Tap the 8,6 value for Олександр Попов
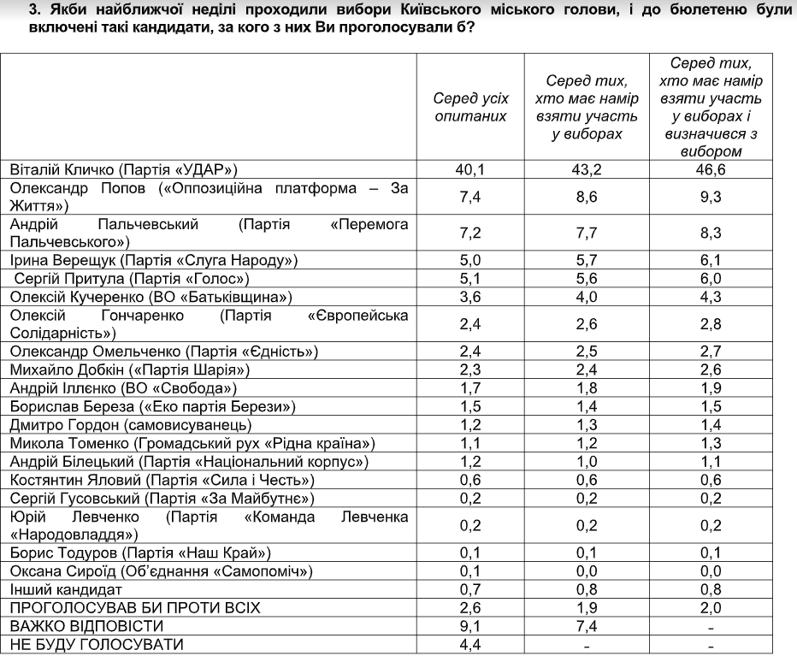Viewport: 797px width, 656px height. [587, 196]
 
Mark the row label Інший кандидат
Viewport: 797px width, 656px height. [60, 589]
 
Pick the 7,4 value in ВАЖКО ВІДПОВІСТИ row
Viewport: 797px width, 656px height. [587, 626]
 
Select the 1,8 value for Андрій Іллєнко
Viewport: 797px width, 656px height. [587, 387]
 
